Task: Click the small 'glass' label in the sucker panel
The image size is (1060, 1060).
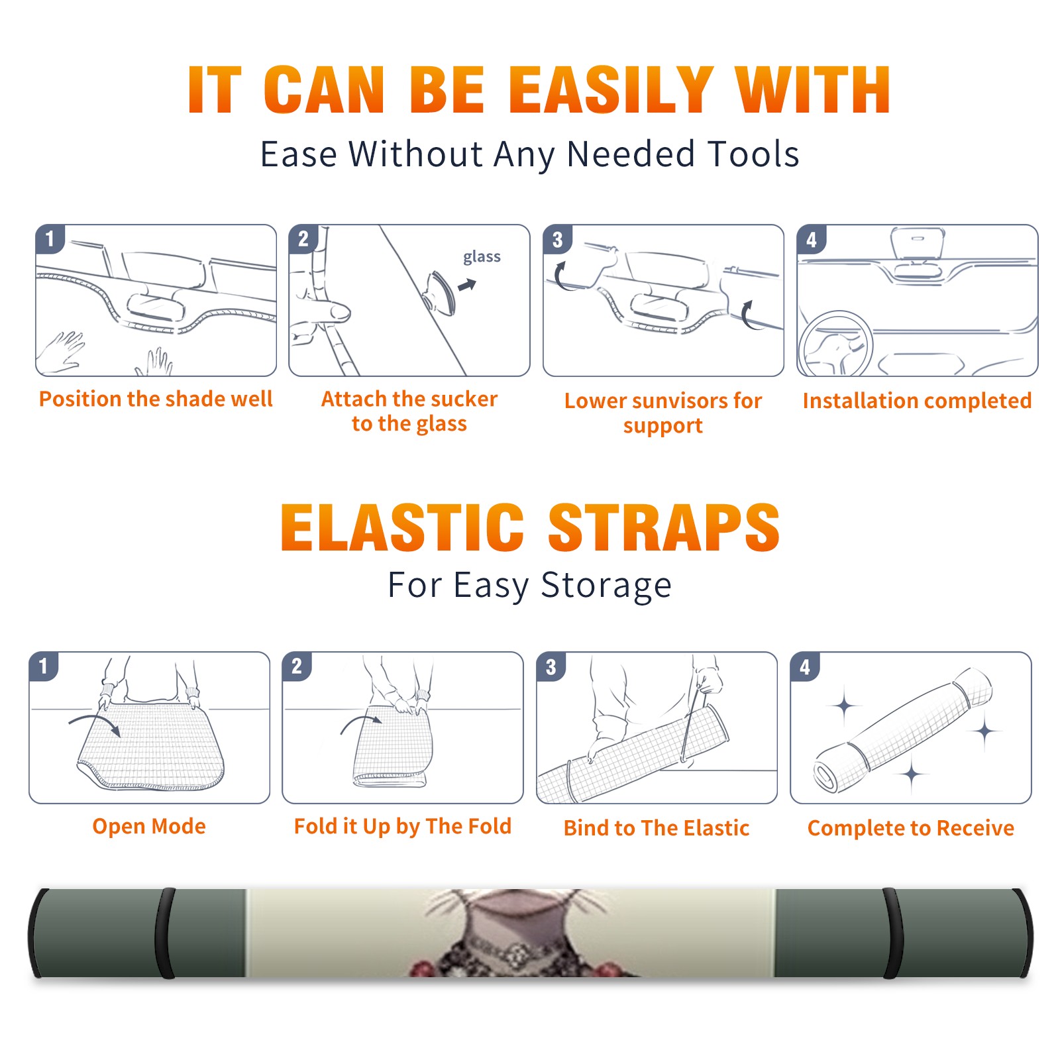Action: click(x=482, y=257)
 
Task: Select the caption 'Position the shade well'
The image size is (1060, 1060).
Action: click(x=156, y=399)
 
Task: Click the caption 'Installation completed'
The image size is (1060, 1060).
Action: click(x=917, y=401)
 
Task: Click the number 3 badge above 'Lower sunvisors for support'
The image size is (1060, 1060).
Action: click(x=557, y=239)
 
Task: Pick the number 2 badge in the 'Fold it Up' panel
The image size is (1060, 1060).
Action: click(x=296, y=666)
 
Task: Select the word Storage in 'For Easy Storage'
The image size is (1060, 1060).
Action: click(x=606, y=586)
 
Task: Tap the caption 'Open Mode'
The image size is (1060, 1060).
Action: click(x=149, y=826)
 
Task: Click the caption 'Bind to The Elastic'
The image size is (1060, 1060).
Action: click(x=657, y=828)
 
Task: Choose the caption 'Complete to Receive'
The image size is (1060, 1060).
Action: click(x=911, y=828)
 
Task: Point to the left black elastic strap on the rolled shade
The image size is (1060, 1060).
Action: click(x=165, y=933)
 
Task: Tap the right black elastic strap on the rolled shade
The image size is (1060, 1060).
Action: click(x=892, y=933)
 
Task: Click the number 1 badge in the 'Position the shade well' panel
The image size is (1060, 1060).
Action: click(x=50, y=238)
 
